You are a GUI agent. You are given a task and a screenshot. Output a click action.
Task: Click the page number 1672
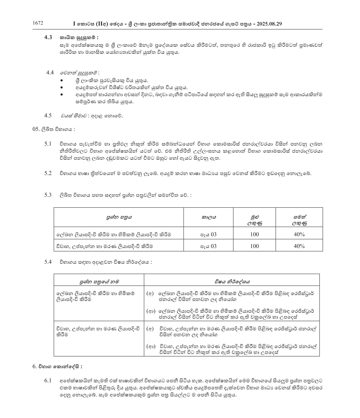pyautogui.click(x=38, y=23)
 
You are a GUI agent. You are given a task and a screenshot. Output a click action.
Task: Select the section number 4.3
pyautogui.click(x=48, y=37)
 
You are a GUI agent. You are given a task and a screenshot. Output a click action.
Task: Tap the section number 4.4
pyautogui.click(x=50, y=72)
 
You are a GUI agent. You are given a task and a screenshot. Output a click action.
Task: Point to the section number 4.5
pyautogui.click(x=48, y=115)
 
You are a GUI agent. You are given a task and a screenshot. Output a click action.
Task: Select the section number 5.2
pyautogui.click(x=48, y=173)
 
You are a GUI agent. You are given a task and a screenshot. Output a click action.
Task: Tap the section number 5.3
pyautogui.click(x=48, y=195)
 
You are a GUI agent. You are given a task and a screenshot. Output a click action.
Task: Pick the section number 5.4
pyautogui.click(x=48, y=262)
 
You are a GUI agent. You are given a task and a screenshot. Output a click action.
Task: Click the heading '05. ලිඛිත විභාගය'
pyautogui.click(x=54, y=129)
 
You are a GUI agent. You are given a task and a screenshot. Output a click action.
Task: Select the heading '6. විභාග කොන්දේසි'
pyautogui.click(x=57, y=367)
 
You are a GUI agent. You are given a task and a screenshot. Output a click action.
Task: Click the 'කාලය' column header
pyautogui.click(x=209, y=217)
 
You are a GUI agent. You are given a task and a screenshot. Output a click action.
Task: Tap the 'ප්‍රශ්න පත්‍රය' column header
pyautogui.click(x=119, y=217)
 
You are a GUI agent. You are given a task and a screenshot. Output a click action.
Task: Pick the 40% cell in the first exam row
pyautogui.click(x=299, y=234)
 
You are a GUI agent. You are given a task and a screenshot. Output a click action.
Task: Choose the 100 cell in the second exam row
pyautogui.click(x=254, y=246)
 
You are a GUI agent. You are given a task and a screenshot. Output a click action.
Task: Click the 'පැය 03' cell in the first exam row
pyautogui.click(x=209, y=234)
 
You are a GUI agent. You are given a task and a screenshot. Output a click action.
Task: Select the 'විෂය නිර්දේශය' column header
pyautogui.click(x=232, y=281)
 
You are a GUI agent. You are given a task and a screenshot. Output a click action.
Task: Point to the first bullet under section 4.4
pyautogui.click(x=62, y=81)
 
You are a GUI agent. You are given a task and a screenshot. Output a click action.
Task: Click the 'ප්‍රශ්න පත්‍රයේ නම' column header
pyautogui.click(x=99, y=281)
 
